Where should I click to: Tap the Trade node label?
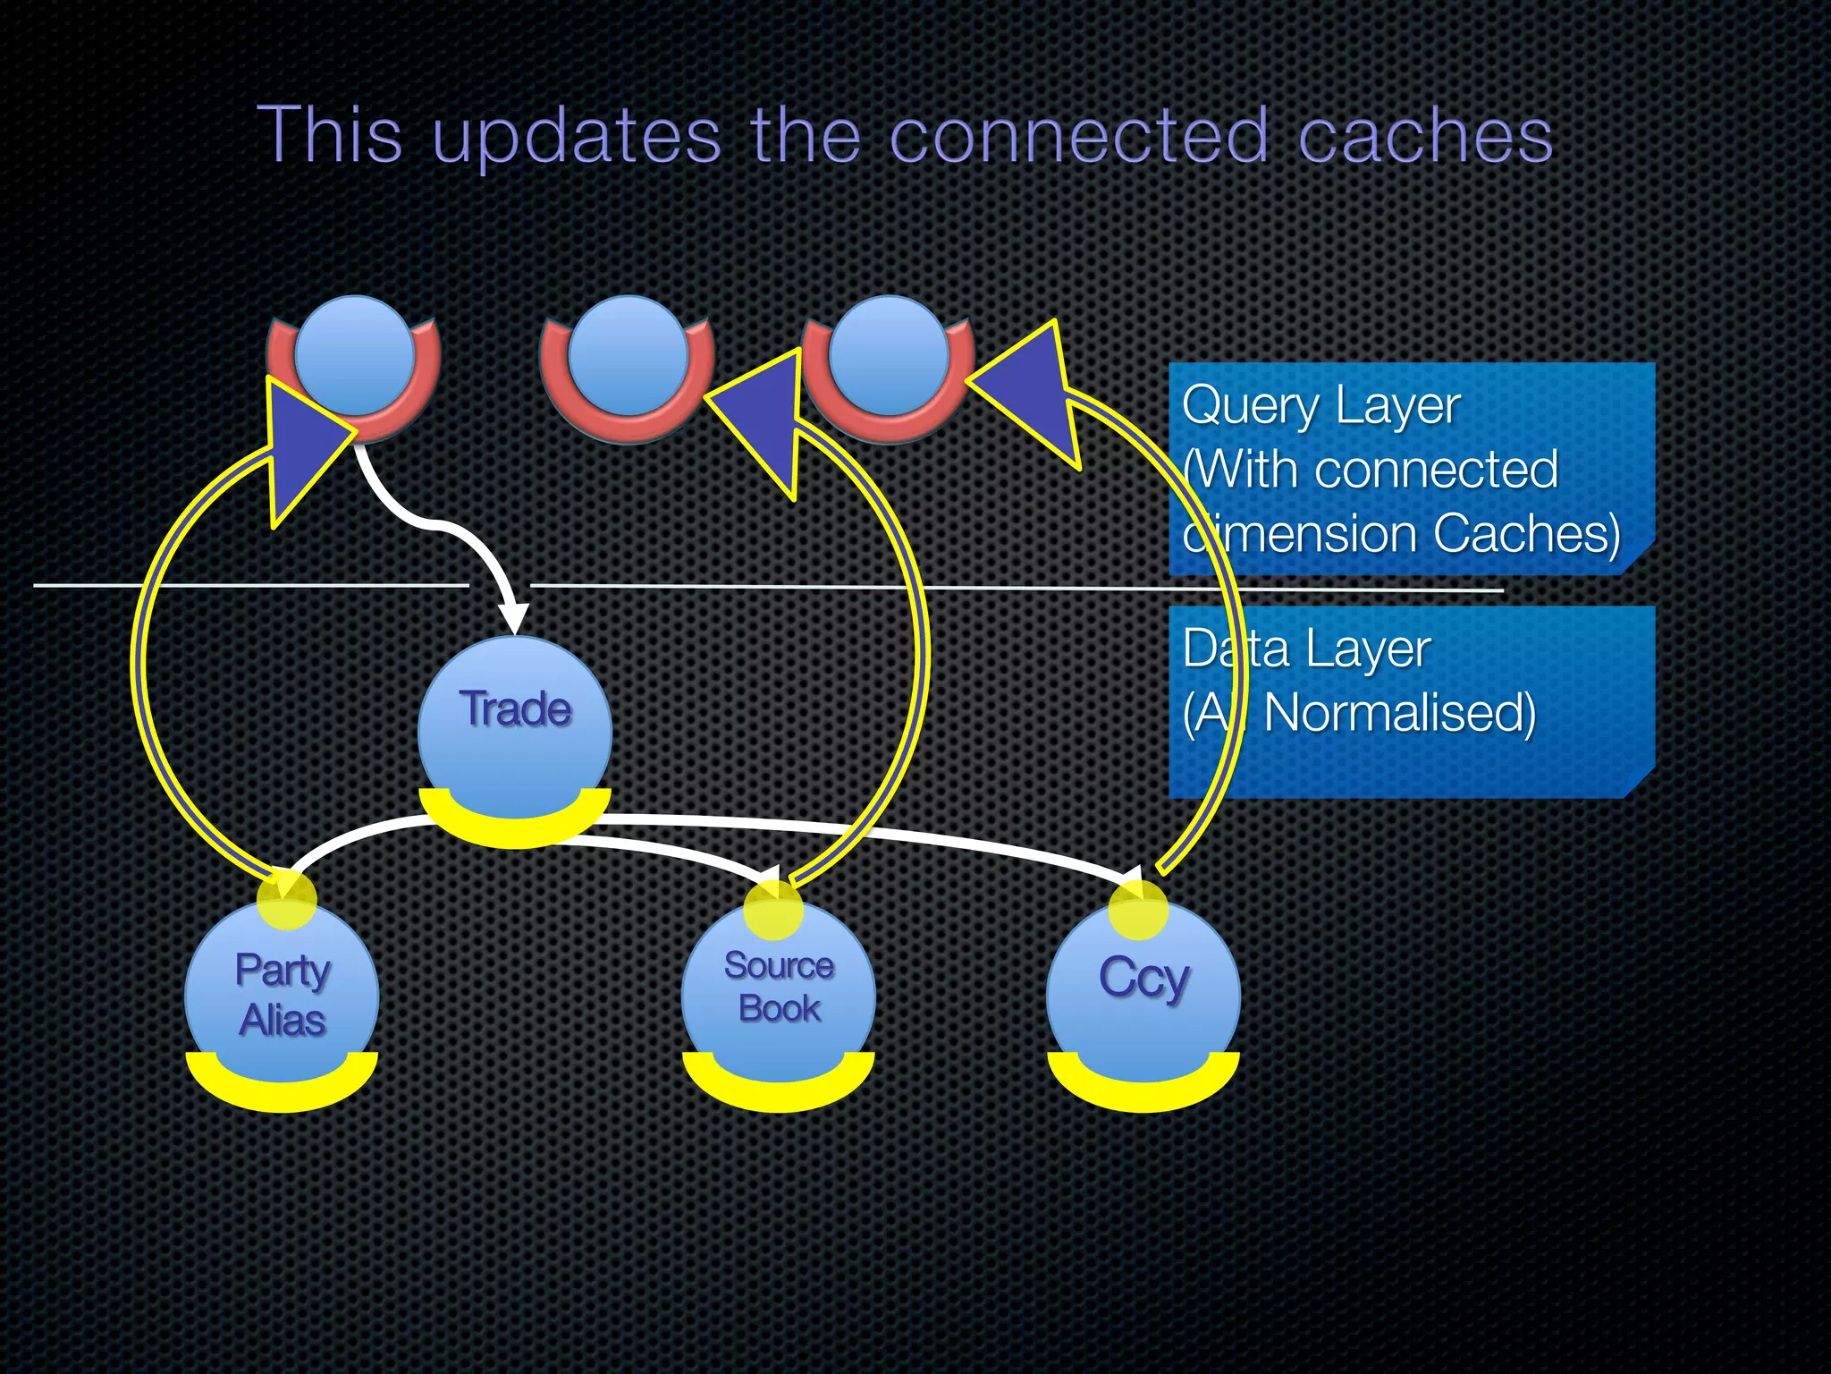pyautogui.click(x=515, y=709)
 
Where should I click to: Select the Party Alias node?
pyautogui.click(x=282, y=993)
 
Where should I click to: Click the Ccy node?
pyautogui.click(x=1143, y=980)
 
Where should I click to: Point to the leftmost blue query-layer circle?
pyautogui.click(x=355, y=355)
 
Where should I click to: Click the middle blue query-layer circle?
pyautogui.click(x=628, y=355)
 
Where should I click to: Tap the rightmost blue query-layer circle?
pyautogui.click(x=889, y=355)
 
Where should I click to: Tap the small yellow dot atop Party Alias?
pyautogui.click(x=286, y=898)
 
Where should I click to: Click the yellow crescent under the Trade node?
pyautogui.click(x=515, y=828)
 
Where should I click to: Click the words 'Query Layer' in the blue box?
pyautogui.click(x=1320, y=406)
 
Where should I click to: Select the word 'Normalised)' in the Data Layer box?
pyautogui.click(x=1399, y=714)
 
